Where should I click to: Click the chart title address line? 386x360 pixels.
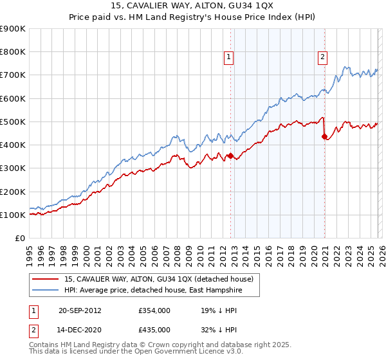click(193, 6)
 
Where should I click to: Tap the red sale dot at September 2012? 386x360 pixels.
click(230, 156)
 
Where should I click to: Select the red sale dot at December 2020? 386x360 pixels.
click(324, 136)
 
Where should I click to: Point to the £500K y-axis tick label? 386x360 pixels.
click(13, 122)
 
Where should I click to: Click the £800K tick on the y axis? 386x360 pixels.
click(13, 52)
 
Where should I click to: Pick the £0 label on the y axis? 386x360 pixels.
click(19, 238)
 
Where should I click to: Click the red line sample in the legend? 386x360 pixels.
click(45, 279)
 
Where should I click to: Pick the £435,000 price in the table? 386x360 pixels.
click(154, 329)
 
